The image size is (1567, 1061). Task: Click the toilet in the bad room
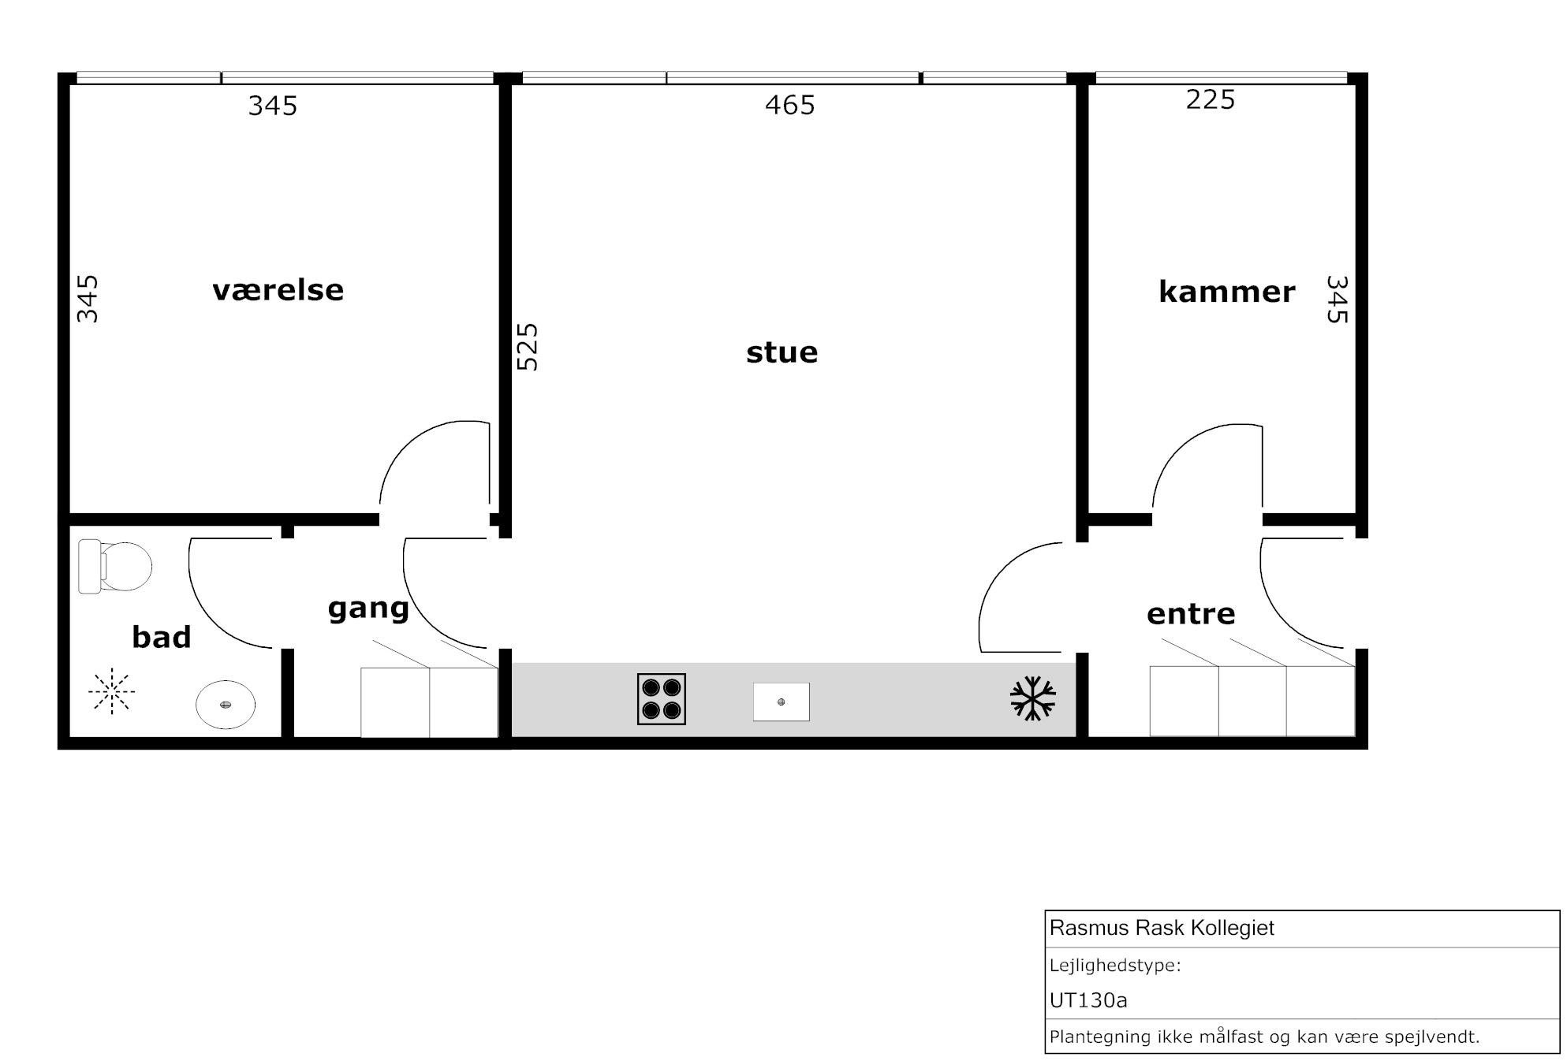coord(114,566)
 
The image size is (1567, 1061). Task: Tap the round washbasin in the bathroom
coord(226,704)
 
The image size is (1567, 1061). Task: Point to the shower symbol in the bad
coord(112,691)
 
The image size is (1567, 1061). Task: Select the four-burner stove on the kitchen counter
coord(662,699)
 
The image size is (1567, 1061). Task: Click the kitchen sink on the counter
coord(782,702)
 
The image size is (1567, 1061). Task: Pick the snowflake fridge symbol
coord(1033,698)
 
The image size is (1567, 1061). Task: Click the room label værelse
coord(278,290)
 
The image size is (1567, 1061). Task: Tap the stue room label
coord(782,352)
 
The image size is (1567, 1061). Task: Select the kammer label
coord(1226,292)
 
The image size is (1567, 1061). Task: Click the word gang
coord(368,609)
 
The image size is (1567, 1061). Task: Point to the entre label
coord(1191,614)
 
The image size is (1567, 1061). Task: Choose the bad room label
coord(162,637)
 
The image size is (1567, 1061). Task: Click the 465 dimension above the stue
coord(790,105)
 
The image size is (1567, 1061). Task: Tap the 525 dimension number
coord(527,347)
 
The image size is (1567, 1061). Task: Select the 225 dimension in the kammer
coord(1211,99)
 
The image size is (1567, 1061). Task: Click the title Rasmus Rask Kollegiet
coord(1162,928)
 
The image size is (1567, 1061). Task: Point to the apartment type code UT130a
coord(1088,1000)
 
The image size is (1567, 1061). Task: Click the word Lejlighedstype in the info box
coord(1115,966)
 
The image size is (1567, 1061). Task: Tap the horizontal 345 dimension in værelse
coord(273,106)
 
